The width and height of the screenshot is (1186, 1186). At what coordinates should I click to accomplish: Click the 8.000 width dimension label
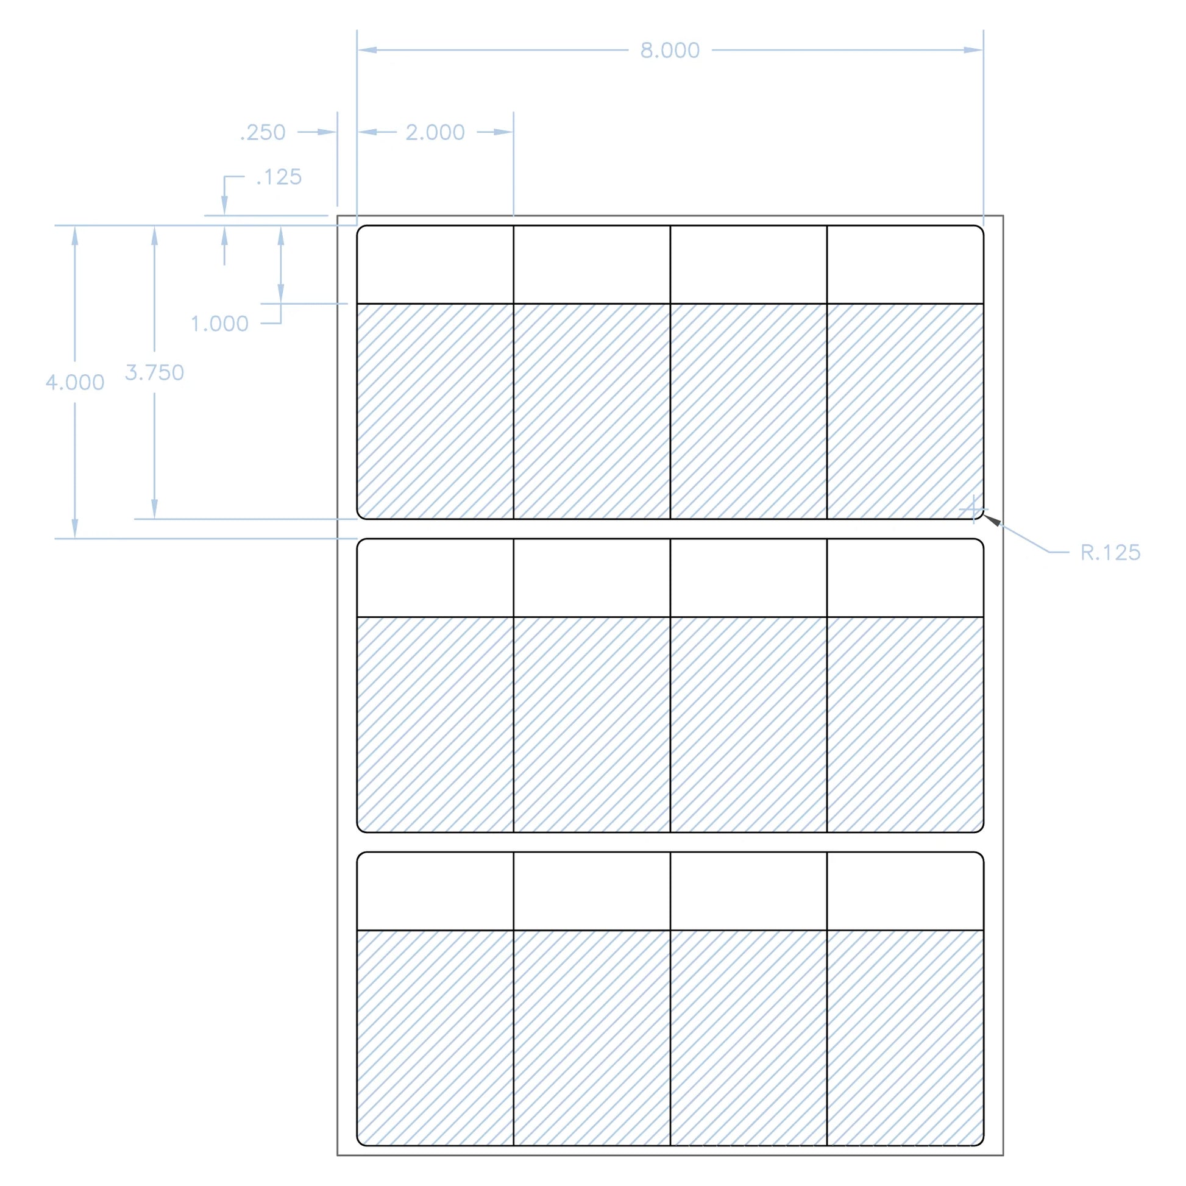click(670, 51)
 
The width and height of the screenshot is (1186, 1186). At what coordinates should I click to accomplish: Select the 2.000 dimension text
click(435, 133)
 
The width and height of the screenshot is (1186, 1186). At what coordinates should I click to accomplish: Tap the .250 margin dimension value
click(263, 133)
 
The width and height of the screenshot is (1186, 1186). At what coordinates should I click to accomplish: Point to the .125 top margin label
click(279, 177)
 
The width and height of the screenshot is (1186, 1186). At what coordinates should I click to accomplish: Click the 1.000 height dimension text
click(220, 324)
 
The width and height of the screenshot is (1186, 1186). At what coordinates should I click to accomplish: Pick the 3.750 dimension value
click(155, 372)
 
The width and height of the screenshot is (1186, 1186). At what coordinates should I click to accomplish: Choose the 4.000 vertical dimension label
click(75, 383)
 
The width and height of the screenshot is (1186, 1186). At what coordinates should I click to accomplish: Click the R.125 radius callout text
click(1110, 553)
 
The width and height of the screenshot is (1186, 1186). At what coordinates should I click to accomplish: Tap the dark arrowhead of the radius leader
click(992, 520)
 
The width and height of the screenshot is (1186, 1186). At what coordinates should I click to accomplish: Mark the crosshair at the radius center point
click(973, 510)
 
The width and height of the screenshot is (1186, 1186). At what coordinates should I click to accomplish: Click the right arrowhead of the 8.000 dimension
click(973, 51)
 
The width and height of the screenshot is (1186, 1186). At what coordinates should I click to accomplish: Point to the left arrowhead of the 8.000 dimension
click(367, 51)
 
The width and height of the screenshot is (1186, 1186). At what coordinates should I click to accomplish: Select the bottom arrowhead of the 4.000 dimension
click(75, 528)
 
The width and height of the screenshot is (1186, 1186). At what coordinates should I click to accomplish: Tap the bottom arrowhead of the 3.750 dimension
click(155, 509)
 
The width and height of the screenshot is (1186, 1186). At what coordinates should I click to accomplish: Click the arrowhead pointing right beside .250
click(328, 132)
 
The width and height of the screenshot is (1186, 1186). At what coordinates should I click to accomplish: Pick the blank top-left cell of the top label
click(435, 265)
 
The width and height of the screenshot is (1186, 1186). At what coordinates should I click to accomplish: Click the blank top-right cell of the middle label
click(905, 578)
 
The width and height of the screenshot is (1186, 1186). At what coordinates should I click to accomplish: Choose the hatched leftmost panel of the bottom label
click(435, 1037)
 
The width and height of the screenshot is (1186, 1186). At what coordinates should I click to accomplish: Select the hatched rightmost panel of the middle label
click(905, 725)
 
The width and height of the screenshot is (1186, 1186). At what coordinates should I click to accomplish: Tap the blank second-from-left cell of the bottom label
click(592, 891)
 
